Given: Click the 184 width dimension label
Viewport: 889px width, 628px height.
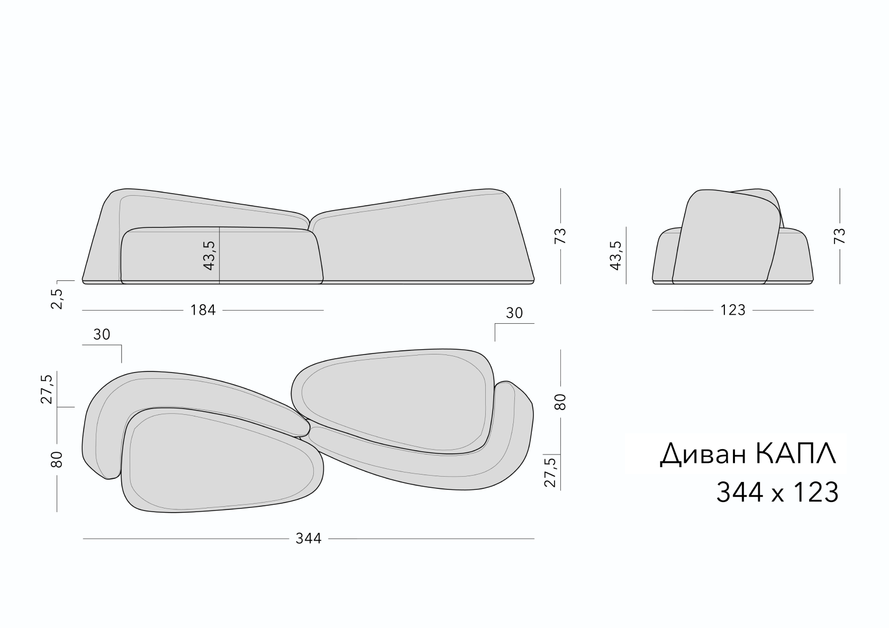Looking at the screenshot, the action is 203,310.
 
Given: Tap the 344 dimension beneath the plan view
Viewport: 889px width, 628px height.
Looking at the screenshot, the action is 309,539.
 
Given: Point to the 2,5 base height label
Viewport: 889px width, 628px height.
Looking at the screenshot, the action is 57,299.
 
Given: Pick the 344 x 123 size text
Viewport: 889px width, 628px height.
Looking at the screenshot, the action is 777,493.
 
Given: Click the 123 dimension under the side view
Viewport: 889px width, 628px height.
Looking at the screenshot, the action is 732,310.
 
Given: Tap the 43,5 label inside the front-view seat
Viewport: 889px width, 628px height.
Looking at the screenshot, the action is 208,256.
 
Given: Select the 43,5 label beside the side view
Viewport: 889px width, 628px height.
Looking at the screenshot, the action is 615,256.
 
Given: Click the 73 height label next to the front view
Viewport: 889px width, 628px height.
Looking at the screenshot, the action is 561,236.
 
